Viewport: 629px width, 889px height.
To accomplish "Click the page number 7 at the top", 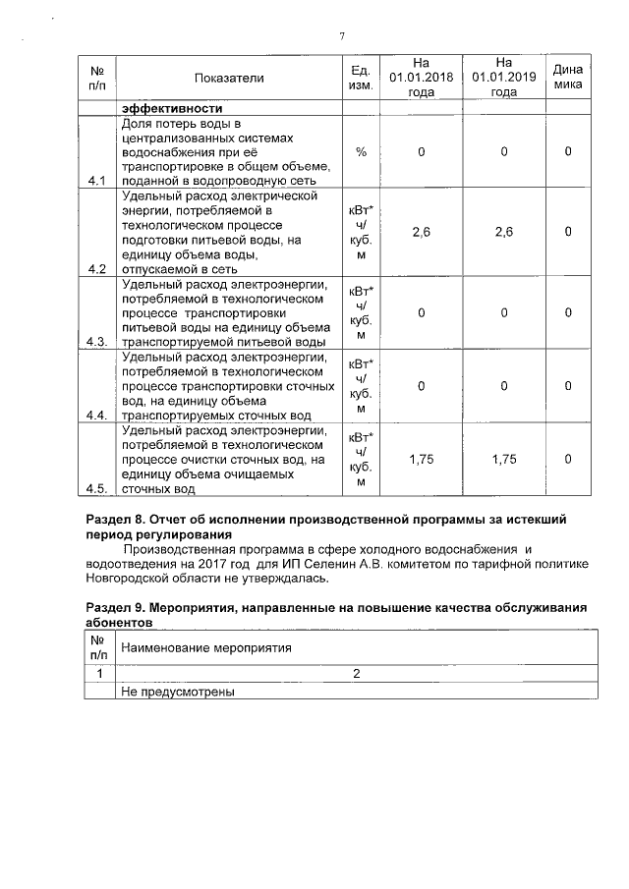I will [341, 36].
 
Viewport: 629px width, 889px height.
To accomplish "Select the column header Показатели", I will [229, 78].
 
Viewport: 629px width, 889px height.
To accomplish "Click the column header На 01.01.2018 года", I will [421, 77].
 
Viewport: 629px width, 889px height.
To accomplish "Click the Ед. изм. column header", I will [360, 78].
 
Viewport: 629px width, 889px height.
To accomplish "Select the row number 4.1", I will [96, 181].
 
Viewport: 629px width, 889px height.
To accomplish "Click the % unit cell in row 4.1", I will [361, 152].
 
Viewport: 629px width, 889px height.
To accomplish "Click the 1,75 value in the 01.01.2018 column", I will [421, 459].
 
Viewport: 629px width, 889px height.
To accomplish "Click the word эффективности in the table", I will [172, 108].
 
